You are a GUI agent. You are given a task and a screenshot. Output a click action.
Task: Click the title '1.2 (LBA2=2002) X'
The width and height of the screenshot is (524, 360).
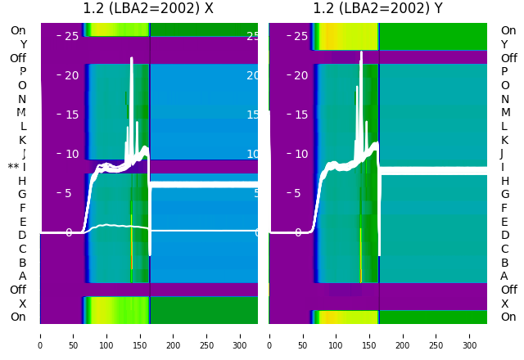148,9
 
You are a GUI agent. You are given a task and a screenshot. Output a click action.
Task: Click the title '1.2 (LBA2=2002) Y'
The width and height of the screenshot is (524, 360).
377,9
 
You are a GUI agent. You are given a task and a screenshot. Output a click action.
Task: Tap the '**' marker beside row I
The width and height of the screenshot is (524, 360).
13,168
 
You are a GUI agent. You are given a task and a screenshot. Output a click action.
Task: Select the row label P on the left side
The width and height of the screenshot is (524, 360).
23,72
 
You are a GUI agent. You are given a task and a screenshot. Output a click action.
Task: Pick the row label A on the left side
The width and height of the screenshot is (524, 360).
23,277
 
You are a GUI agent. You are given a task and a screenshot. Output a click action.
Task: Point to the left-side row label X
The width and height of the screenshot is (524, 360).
23,304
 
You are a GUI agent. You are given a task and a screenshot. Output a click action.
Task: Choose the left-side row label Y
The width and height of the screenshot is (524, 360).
23,45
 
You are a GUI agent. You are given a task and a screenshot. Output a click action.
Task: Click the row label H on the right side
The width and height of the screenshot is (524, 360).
504,181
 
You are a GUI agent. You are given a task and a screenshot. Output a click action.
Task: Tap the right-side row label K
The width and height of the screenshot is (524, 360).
504,140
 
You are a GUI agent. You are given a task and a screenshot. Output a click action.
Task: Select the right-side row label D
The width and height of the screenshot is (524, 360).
504,236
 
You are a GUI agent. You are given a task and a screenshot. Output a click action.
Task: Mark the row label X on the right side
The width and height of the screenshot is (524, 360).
504,304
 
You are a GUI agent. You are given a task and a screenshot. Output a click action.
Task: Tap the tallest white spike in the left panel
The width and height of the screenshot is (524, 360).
131,60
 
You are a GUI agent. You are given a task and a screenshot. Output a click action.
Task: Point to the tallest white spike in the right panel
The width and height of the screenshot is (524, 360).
361,54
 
